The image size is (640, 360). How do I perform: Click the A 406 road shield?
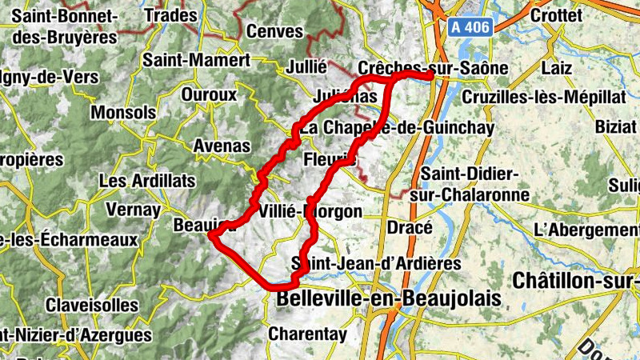468,26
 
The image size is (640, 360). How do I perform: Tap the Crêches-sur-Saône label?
434,68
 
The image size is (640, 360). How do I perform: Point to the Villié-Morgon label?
311,212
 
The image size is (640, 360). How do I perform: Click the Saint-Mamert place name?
196,59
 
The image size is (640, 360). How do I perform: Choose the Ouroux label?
210,94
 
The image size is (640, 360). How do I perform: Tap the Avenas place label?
222,146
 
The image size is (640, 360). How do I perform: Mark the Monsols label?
124,113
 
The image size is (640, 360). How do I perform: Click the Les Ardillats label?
141,182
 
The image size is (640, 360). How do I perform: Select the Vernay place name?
133,210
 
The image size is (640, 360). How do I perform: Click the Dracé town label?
410,227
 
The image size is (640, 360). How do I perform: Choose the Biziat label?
616,126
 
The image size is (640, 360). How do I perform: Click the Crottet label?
555,15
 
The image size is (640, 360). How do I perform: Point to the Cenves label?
275,32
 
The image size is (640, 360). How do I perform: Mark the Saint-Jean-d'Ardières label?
376,263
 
